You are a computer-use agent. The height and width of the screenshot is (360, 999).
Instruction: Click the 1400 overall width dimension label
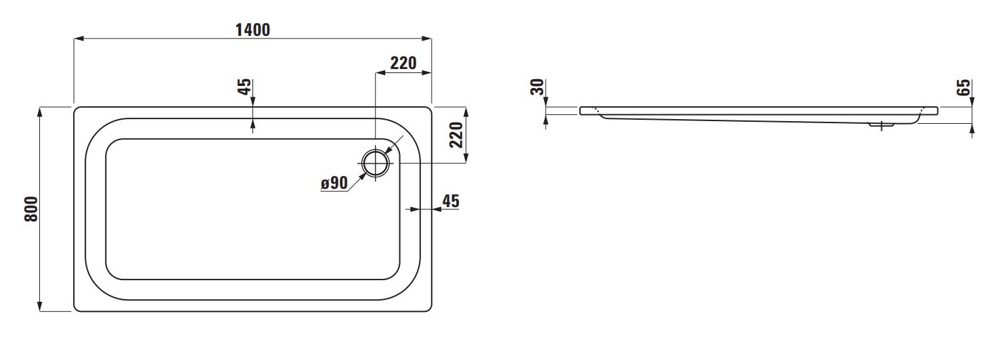coord(252,30)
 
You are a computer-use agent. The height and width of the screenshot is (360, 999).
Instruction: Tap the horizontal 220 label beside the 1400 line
coord(403,63)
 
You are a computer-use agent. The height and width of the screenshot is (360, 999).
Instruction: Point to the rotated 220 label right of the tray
coord(456,135)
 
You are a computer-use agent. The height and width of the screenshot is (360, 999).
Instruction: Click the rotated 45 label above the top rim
coord(244,87)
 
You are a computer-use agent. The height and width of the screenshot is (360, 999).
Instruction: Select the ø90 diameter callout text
coord(334,183)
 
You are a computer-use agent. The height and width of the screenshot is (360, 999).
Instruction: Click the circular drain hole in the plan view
coord(375,163)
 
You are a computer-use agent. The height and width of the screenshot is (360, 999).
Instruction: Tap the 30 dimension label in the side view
coord(537,87)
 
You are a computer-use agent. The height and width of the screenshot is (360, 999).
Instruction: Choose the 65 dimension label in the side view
coord(964,87)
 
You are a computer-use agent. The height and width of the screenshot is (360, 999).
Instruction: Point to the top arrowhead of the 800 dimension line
coord(41,110)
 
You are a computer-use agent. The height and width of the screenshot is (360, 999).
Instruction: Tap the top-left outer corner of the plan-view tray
coord(76,108)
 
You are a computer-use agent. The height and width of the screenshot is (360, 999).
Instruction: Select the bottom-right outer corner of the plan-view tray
coord(430,310)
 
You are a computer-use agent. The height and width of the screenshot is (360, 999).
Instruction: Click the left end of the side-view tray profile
coord(581,110)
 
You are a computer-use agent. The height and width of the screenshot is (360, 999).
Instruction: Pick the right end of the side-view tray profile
coord(937,110)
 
